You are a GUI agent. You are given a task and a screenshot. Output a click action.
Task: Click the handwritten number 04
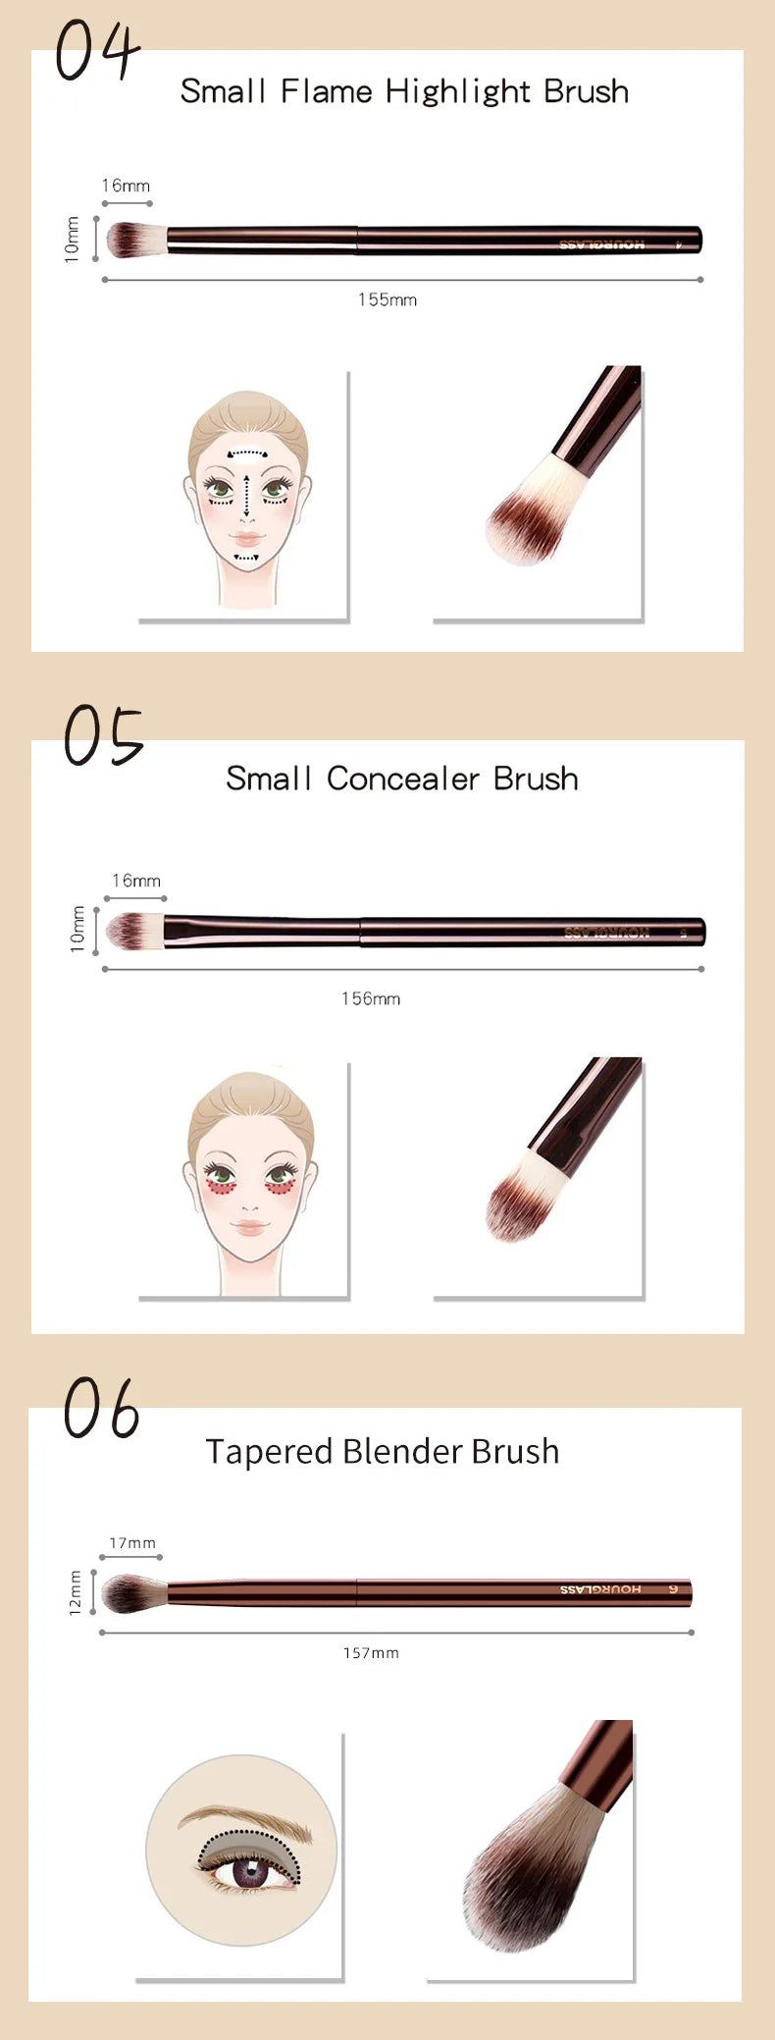point(97,50)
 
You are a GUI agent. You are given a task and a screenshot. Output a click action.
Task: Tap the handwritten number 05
point(103,736)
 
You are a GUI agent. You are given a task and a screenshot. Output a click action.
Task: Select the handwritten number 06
point(102,1409)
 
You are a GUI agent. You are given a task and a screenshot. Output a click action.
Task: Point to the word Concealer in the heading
point(403,778)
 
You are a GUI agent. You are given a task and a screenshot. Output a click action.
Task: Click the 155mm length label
point(387,299)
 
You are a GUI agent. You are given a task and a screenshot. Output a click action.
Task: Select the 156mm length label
point(371,998)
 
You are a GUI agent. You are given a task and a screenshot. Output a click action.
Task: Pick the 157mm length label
point(371,1653)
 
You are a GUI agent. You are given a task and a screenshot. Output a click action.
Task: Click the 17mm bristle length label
point(131,1543)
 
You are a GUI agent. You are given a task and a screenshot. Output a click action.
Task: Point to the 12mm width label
point(76,1591)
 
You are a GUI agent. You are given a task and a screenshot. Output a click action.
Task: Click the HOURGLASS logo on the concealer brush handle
point(606,932)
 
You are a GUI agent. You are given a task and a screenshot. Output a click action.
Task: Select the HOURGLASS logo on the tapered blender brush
point(600,1589)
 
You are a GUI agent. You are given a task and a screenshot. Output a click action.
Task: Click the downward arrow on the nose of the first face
point(245,496)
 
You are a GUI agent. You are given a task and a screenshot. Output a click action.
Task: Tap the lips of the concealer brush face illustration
point(249,1227)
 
